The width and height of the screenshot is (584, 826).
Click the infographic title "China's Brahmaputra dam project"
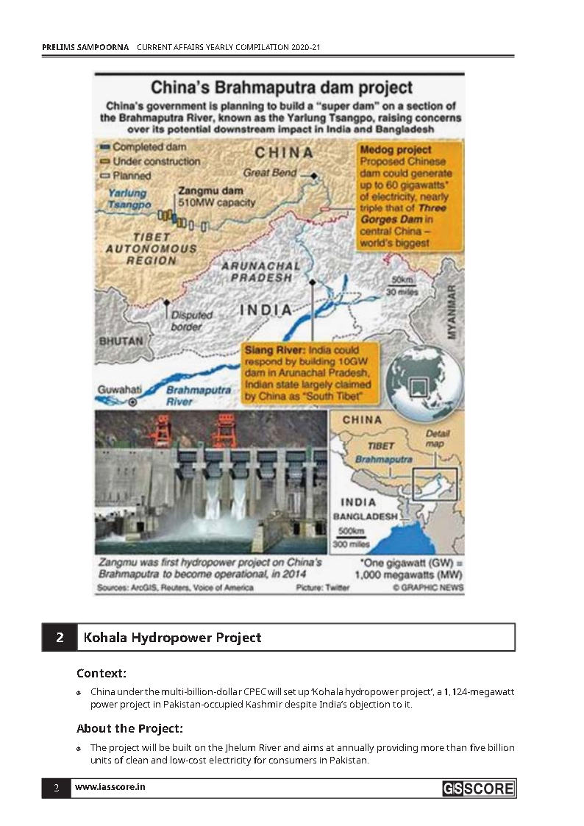coord(282,88)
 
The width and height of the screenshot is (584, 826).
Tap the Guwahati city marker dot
coord(132,402)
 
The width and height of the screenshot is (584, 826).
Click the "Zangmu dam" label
coord(202,190)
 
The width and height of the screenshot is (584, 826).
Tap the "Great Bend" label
coord(270,173)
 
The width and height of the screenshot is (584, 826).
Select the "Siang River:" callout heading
coord(275,350)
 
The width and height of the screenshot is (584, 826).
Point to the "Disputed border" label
coord(191,321)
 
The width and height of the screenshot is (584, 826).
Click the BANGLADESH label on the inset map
coord(366,516)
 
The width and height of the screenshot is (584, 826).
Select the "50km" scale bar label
coord(403,280)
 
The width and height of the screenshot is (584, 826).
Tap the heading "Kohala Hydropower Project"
coord(173,637)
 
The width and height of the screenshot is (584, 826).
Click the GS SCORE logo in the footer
coord(478,789)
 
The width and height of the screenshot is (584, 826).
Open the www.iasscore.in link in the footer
coord(110,787)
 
